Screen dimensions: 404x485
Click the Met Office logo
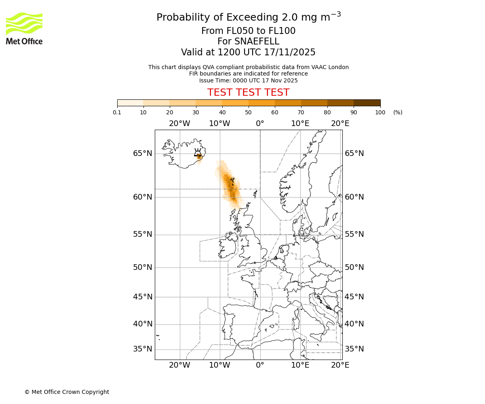(24, 28)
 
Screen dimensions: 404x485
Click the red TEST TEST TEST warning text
(248, 93)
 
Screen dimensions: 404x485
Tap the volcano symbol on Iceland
(198, 152)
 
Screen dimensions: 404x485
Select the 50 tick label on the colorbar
(248, 112)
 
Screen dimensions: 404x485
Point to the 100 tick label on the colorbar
(380, 112)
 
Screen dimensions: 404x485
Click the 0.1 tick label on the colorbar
(117, 112)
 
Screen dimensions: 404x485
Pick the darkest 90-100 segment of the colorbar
(367, 103)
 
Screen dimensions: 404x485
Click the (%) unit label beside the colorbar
(398, 112)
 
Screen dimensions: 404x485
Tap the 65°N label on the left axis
(143, 154)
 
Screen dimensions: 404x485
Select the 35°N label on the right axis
(354, 349)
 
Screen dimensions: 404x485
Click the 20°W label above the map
(179, 123)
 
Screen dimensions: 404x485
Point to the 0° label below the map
(260, 365)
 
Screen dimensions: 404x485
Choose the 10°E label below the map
(300, 365)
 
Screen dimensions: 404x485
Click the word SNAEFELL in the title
(248, 42)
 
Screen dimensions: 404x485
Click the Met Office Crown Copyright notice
(67, 392)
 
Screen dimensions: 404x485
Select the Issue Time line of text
(248, 80)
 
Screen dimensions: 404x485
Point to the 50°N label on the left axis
(143, 267)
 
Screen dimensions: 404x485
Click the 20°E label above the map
(340, 123)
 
